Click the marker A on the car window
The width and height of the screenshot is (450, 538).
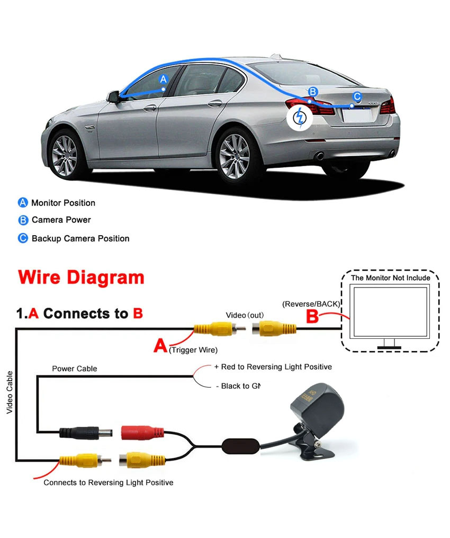click(x=164, y=79)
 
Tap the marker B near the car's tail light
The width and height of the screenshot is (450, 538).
click(x=313, y=92)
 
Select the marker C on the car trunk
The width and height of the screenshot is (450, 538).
click(x=357, y=96)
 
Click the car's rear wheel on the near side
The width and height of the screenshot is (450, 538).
click(x=234, y=156)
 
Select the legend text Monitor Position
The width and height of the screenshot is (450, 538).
click(x=63, y=203)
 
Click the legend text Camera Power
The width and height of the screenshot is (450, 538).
click(x=61, y=220)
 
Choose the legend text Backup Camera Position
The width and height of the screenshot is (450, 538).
click(x=80, y=238)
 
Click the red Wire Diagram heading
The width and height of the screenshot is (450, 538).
click(x=81, y=277)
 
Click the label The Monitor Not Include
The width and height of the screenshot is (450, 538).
click(x=391, y=277)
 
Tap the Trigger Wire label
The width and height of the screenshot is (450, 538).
click(x=193, y=350)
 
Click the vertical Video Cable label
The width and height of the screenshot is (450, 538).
click(x=10, y=392)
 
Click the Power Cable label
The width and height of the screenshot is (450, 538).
click(x=74, y=369)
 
